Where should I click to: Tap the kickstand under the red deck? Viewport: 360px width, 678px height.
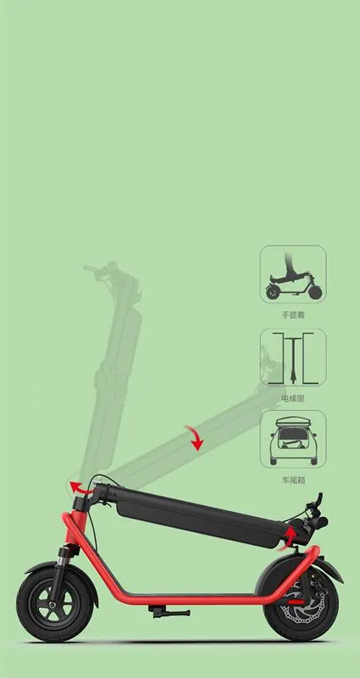click(158, 609)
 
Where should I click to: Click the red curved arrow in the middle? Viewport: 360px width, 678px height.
click(197, 438)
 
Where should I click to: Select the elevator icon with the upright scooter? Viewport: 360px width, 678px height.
click(292, 358)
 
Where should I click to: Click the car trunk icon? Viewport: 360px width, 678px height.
click(292, 440)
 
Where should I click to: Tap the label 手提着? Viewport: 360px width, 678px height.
click(292, 314)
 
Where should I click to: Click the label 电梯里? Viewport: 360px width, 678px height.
click(292, 396)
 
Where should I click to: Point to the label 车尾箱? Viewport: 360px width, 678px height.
click(292, 479)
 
